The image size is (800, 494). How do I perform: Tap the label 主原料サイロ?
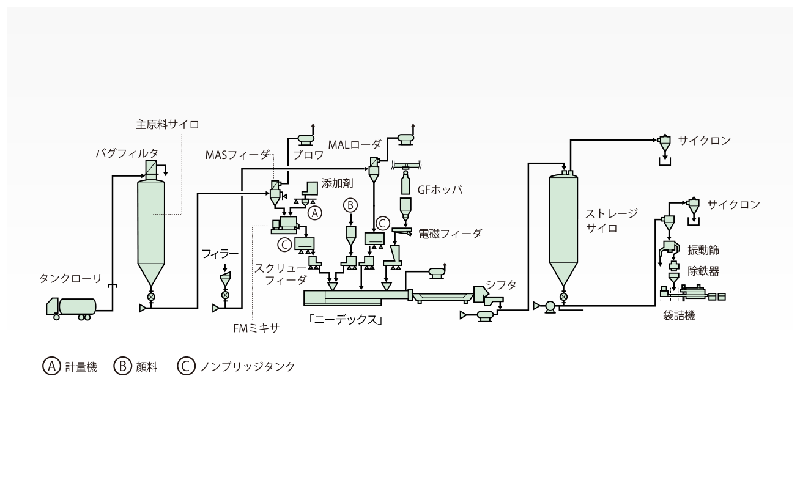[168, 125]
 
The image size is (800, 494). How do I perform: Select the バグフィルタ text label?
[127, 153]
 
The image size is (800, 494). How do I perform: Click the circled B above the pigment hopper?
[350, 205]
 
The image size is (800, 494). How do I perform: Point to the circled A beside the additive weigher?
[314, 213]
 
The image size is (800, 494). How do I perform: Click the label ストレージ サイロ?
[612, 221]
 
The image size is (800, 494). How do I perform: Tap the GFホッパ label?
[440, 190]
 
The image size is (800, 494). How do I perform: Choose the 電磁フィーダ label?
[450, 234]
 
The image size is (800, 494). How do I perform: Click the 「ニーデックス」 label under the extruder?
[346, 320]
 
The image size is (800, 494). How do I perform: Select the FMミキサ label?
[256, 328]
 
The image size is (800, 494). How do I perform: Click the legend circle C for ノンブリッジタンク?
[186, 366]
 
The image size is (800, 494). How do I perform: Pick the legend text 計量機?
[81, 367]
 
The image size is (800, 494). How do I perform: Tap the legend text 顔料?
[146, 367]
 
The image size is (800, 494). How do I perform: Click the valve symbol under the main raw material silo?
[151, 297]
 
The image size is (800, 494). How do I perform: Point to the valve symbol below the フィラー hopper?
[225, 295]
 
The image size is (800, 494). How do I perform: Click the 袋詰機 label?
[679, 315]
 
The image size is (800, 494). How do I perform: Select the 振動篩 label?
[703, 250]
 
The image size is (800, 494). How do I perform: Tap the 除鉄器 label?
[703, 271]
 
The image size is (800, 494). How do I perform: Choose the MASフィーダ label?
[237, 155]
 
